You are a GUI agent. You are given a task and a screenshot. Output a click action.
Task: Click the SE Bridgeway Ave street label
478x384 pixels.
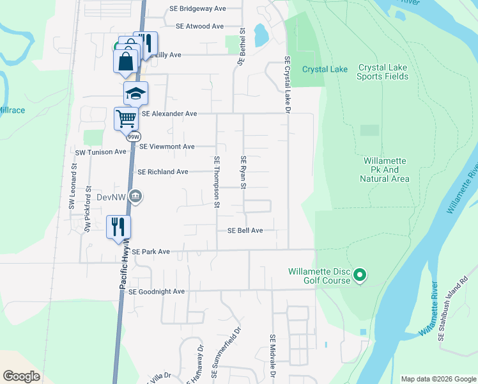click(x=197, y=9)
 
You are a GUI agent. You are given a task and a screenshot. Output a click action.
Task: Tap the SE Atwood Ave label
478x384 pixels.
click(x=199, y=26)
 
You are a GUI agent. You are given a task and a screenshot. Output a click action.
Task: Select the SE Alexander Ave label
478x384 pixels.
click(x=169, y=113)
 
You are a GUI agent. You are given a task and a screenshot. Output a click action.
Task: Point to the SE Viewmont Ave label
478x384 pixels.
click(x=167, y=147)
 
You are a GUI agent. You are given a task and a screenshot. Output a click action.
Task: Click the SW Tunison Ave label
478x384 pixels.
click(x=101, y=152)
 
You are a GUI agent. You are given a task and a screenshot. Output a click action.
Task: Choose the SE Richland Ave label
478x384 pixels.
click(x=163, y=172)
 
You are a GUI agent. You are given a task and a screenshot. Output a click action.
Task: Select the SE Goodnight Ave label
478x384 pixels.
click(x=157, y=292)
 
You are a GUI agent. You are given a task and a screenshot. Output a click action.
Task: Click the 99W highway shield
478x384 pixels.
click(x=134, y=136)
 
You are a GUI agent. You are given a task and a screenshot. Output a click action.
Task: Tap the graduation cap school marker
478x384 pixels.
click(x=135, y=94)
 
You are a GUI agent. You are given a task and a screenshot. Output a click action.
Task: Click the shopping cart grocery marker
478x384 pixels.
click(x=126, y=118)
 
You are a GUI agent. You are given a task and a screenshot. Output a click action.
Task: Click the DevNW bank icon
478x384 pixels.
click(x=135, y=196)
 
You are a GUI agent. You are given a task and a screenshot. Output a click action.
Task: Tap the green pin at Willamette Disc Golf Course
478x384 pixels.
click(x=360, y=276)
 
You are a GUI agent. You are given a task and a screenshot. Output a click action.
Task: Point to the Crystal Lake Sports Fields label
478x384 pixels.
click(x=383, y=72)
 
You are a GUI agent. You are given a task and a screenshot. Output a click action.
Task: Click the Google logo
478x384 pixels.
click(x=21, y=376)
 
